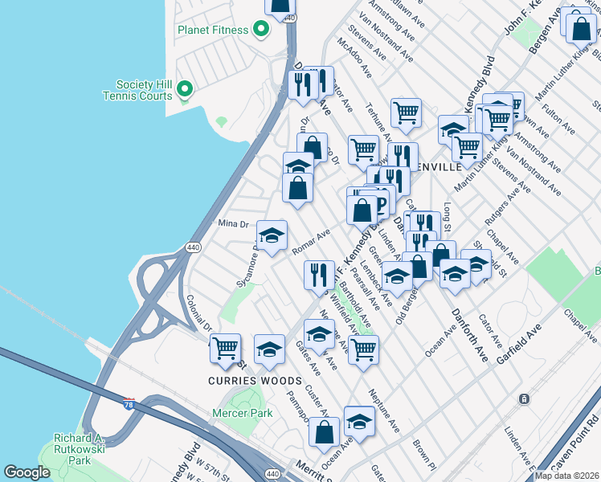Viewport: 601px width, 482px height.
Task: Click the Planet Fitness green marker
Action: click(x=260, y=30)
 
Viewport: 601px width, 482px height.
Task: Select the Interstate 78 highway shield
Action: click(x=129, y=401)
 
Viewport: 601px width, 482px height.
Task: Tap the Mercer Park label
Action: click(x=242, y=414)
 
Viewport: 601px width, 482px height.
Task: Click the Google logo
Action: click(x=27, y=472)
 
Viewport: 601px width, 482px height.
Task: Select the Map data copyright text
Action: click(x=566, y=476)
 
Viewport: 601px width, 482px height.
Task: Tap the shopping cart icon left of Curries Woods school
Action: click(x=226, y=348)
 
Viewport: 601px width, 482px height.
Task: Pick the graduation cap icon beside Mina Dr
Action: click(x=272, y=235)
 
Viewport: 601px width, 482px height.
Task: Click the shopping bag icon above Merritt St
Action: click(x=324, y=431)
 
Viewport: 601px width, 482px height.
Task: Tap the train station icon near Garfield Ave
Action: click(x=523, y=398)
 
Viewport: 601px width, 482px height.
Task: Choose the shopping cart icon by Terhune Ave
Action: click(x=407, y=112)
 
